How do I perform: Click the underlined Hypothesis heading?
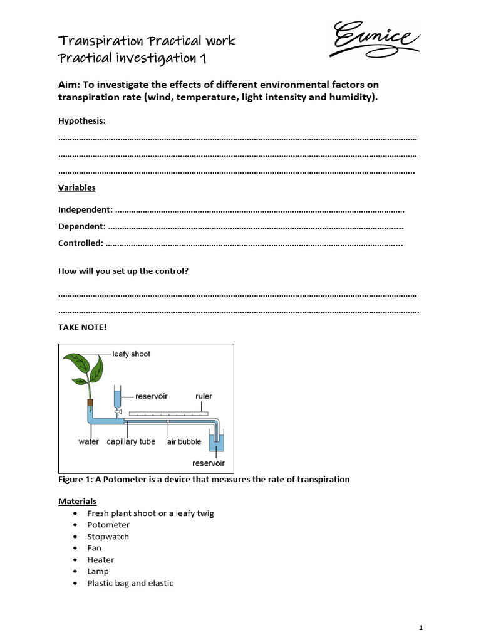82,121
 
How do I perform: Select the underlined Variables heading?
77,187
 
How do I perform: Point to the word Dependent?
81,226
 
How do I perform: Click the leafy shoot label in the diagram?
132,354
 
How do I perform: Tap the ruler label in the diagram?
204,396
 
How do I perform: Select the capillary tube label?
131,441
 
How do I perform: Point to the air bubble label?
184,441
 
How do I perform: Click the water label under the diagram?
88,441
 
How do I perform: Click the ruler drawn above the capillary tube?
167,413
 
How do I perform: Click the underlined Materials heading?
78,502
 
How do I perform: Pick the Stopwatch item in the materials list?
108,537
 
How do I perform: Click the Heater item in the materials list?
101,560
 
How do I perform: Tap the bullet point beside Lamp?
75,571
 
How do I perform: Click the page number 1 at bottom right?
421,627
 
